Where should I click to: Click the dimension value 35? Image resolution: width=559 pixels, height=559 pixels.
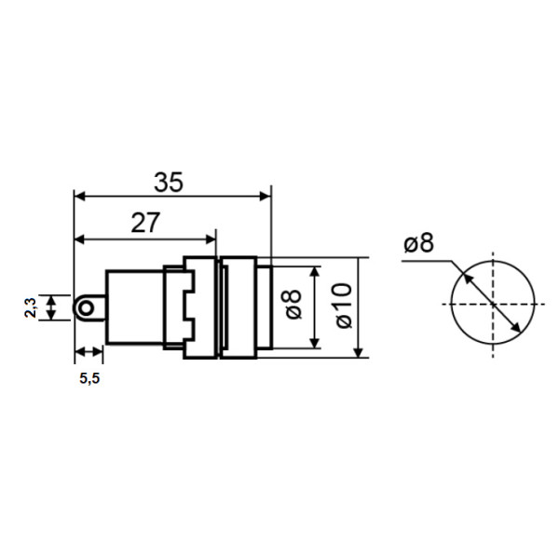169,182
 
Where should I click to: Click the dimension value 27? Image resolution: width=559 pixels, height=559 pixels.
144,223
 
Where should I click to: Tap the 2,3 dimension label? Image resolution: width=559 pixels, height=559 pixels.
31,307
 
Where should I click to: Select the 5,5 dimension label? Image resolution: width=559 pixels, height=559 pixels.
89,379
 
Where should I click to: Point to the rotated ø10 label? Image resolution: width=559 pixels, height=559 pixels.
341,307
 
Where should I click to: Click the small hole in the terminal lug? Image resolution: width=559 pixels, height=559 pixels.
87,307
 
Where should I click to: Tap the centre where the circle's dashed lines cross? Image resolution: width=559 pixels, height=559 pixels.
493,304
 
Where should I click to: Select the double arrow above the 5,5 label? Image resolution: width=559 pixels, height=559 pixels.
89,352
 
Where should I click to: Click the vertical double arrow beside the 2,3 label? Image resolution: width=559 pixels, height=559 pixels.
52,307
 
